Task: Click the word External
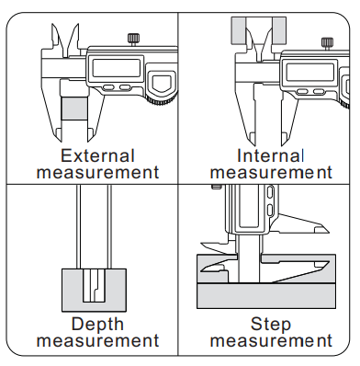pos(97,155)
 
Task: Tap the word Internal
pos(270,155)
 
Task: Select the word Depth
pos(97,325)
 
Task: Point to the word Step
pos(271,325)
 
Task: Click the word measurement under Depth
pos(98,340)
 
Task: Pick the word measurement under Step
pos(271,340)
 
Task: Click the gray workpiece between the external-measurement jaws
pos(75,109)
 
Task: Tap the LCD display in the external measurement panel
pos(117,68)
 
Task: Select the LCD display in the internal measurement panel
pos(309,72)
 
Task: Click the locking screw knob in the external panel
pos(133,39)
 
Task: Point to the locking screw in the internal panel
pos(327,42)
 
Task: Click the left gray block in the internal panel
pos(239,30)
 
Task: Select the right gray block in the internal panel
pos(279,30)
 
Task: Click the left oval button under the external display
pos(108,87)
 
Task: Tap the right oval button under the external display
pos(125,87)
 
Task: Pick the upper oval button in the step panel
pos(270,192)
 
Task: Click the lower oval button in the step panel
pos(270,210)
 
